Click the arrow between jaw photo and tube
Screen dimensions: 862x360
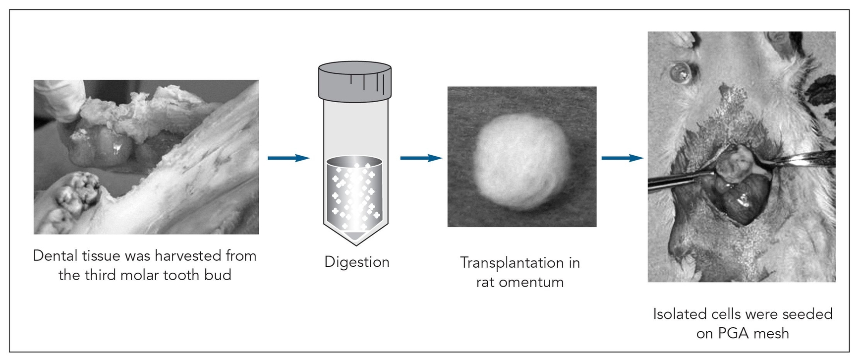tap(288, 158)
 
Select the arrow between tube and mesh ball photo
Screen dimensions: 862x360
tap(421, 158)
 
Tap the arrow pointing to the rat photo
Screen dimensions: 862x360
tap(623, 158)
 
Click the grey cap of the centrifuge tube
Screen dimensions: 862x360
tap(355, 81)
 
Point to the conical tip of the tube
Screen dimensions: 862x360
tap(355, 238)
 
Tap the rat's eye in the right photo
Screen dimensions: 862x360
tap(680, 73)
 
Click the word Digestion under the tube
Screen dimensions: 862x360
tap(357, 262)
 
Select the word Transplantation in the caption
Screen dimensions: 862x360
tap(512, 262)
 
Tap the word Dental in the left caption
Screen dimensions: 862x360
tap(55, 255)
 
